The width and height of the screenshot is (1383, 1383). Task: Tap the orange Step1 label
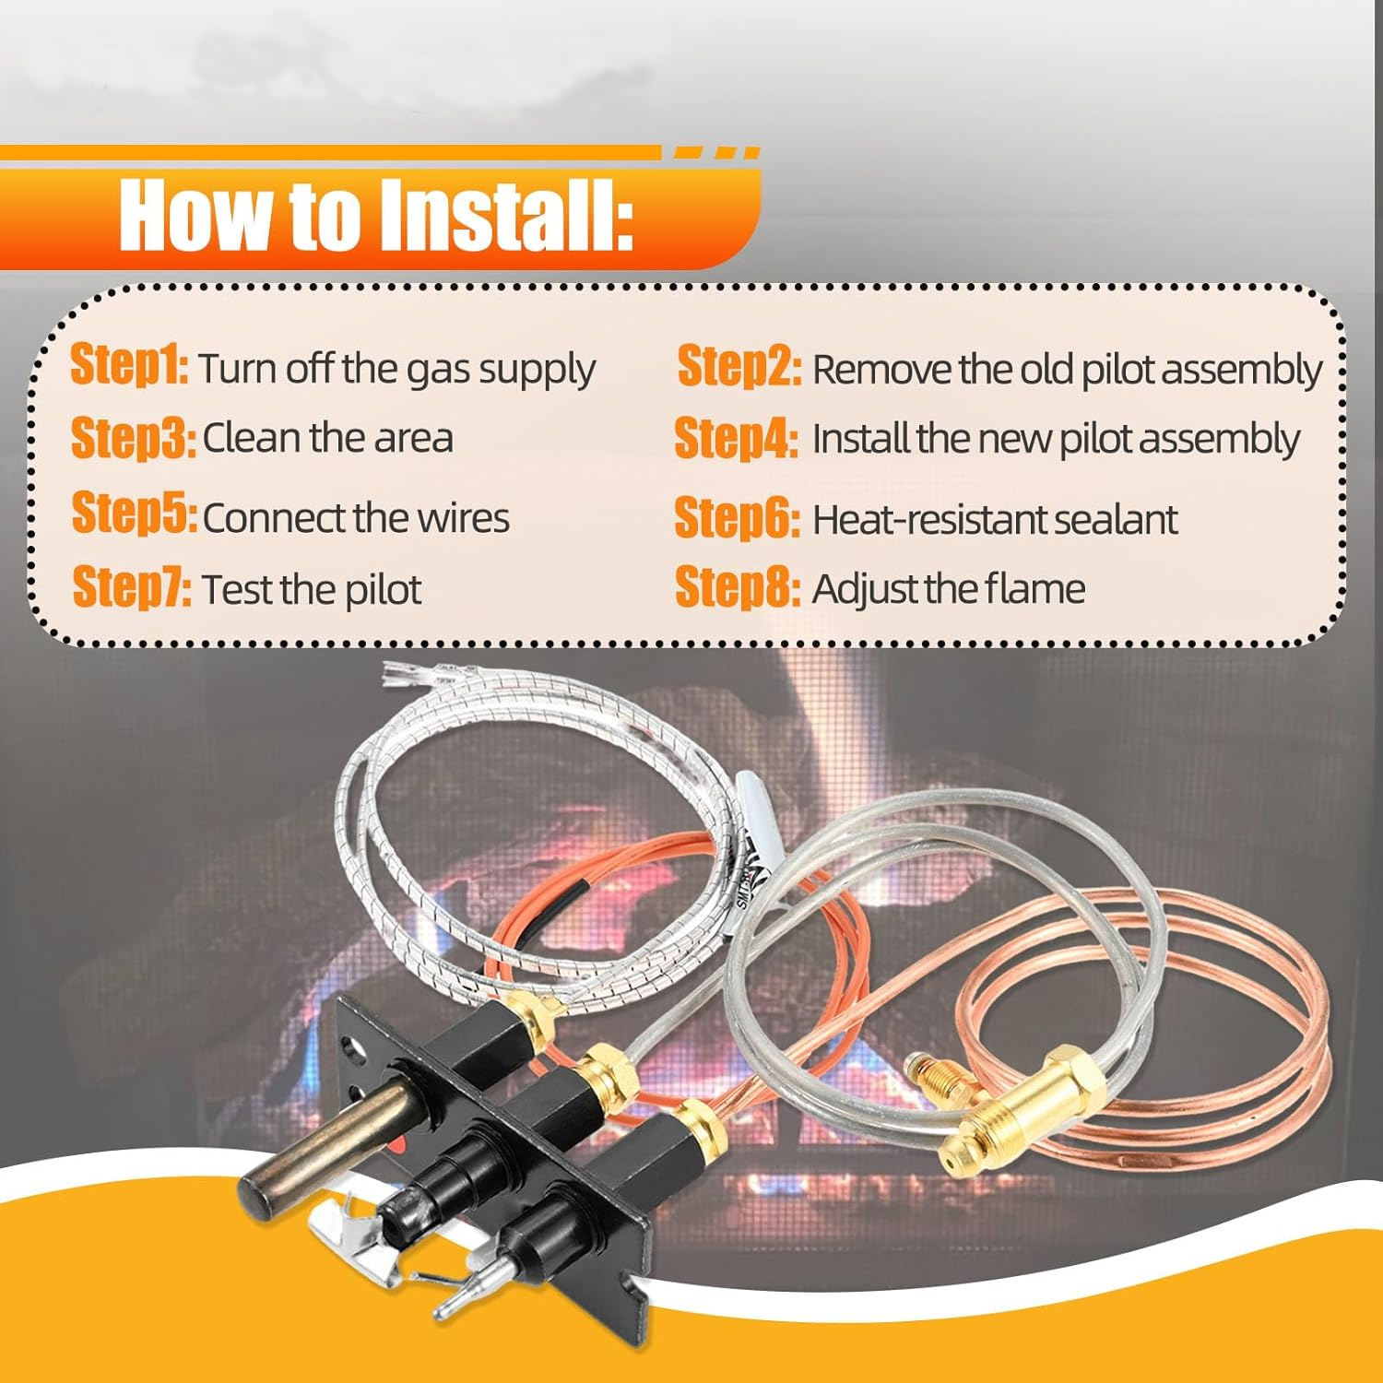(x=130, y=365)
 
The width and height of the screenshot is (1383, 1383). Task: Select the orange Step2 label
(x=739, y=366)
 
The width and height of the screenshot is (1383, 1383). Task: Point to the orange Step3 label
(x=133, y=437)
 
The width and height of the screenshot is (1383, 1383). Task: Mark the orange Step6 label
(x=737, y=517)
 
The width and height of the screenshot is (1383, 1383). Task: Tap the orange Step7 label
(x=132, y=586)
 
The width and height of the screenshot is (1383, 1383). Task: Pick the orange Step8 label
(x=738, y=586)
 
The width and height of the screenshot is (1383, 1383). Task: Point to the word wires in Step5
(x=463, y=518)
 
